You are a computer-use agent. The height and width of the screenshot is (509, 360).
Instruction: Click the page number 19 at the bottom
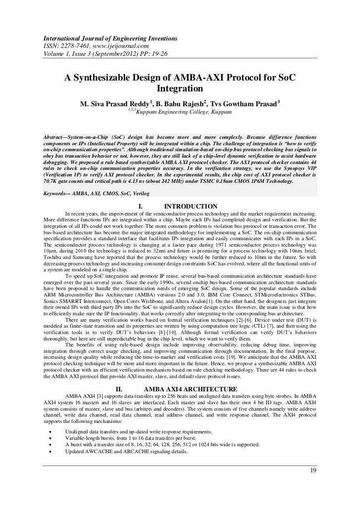tap(313, 469)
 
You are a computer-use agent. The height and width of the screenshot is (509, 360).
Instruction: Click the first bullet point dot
tap(51, 432)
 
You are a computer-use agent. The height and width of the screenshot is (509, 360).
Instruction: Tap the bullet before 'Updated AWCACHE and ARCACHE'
tap(51, 452)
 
